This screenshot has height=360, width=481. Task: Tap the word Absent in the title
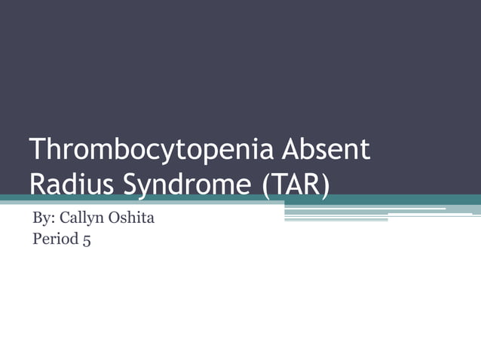326,150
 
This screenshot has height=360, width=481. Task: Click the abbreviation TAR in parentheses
297,183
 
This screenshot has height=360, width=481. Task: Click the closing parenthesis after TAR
326,184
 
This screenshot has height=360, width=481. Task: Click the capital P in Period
37,240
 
